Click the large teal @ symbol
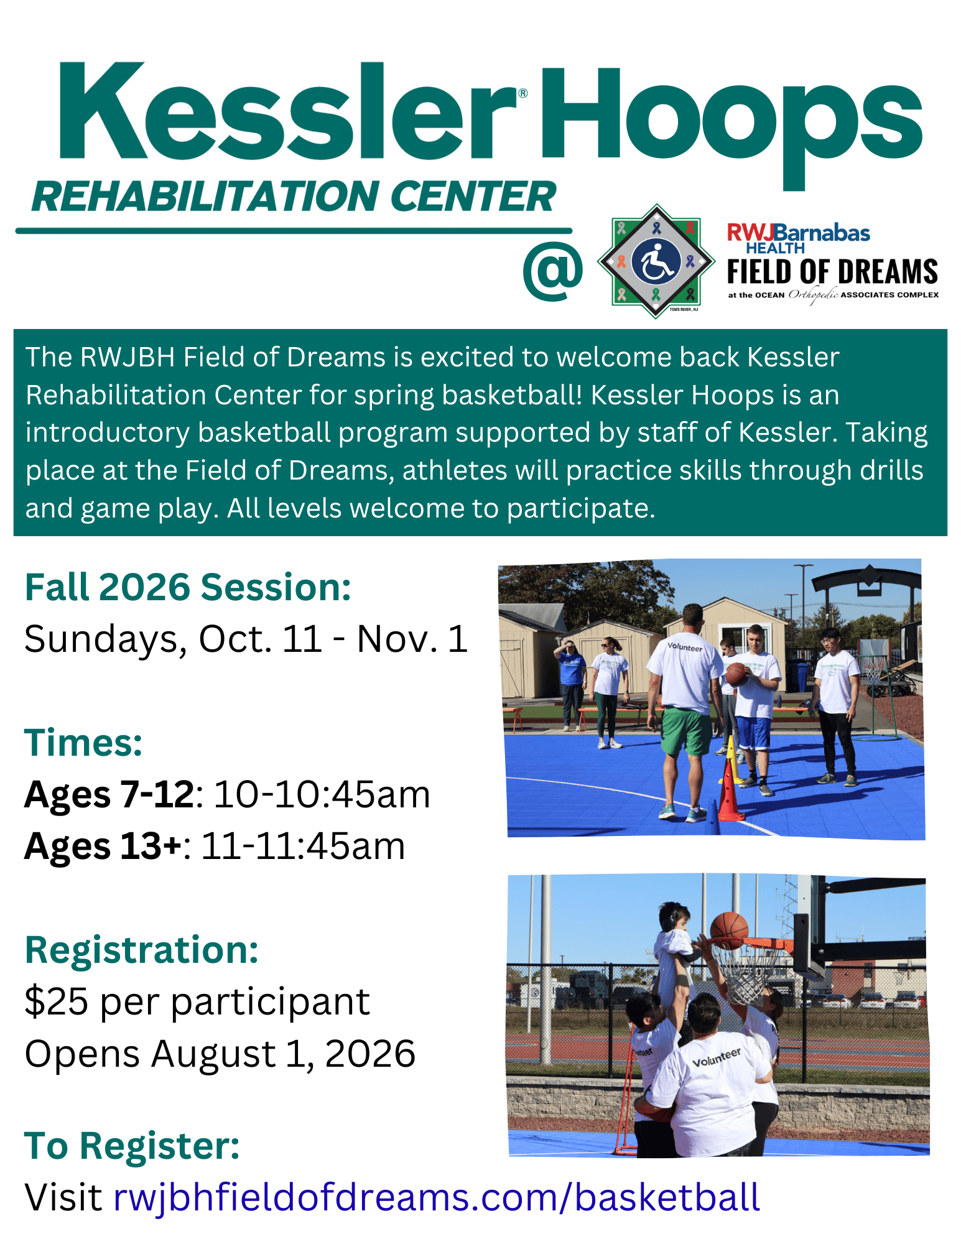(x=553, y=272)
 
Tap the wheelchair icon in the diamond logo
(x=656, y=262)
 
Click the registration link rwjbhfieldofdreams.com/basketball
(x=437, y=1198)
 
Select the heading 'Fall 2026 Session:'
(x=188, y=587)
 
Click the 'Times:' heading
(x=83, y=743)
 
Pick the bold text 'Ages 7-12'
(x=109, y=794)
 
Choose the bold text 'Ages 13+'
(x=103, y=847)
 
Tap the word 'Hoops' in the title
(x=731, y=124)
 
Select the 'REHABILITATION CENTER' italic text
(x=294, y=197)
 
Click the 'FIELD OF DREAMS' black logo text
(x=832, y=272)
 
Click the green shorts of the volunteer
(x=686, y=731)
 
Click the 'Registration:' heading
(x=142, y=950)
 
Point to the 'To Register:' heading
(x=132, y=1146)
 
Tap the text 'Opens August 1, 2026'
(x=220, y=1054)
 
